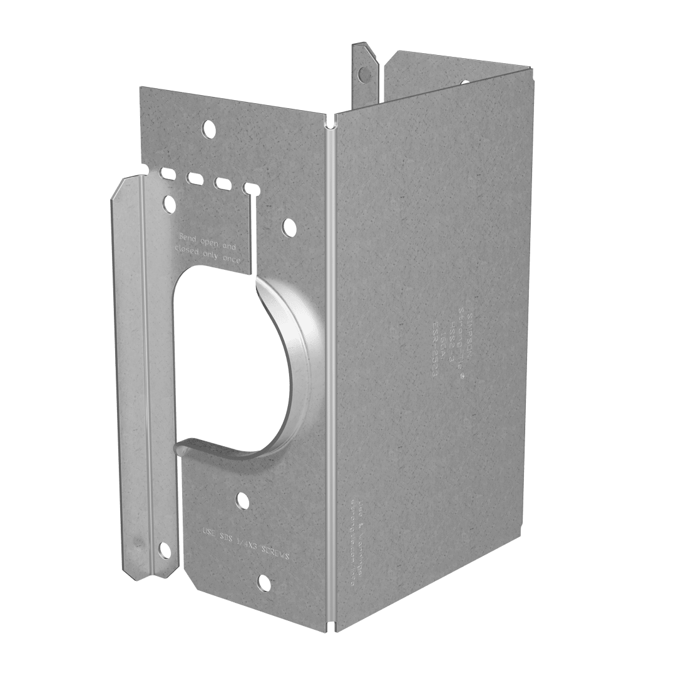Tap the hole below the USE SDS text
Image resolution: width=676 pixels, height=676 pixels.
point(264,581)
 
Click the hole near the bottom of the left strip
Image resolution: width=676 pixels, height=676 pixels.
point(164,550)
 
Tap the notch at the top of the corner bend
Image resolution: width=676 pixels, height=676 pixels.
point(330,116)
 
